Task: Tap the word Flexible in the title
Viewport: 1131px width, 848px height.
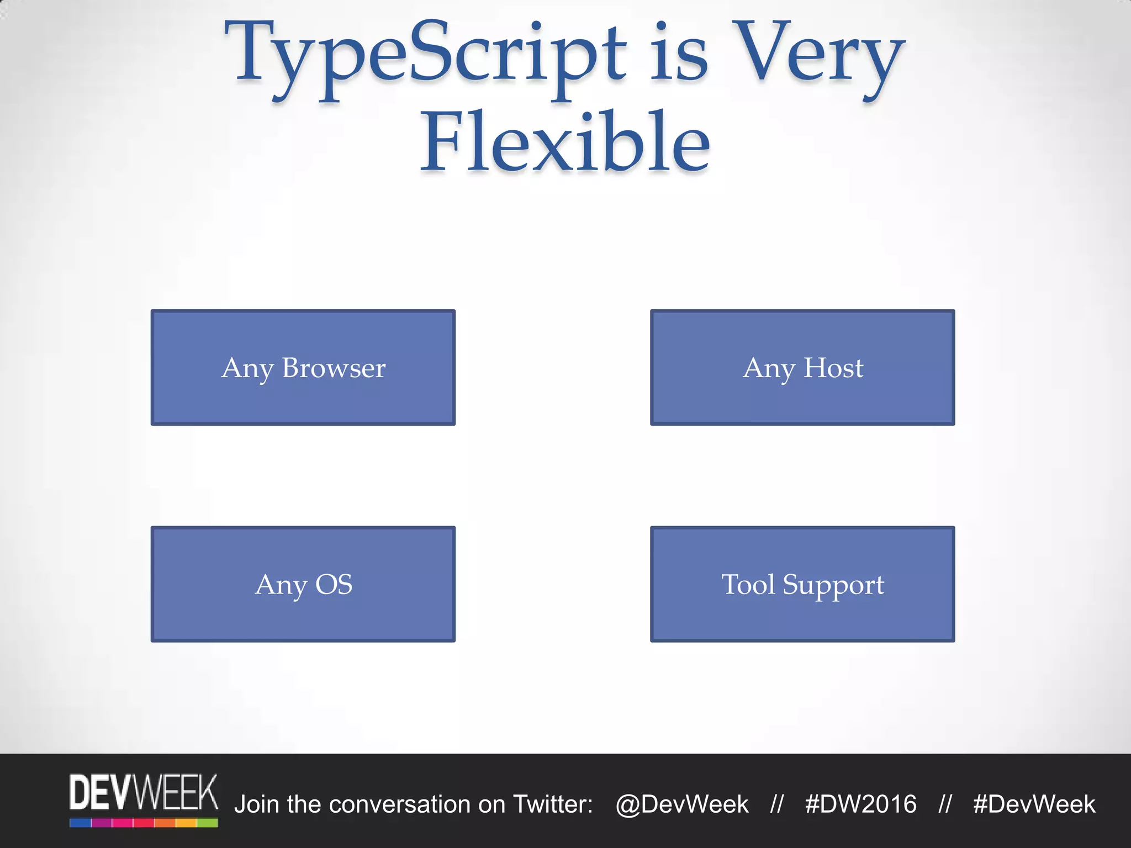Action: (565, 142)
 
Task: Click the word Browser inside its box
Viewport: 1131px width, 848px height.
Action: (334, 368)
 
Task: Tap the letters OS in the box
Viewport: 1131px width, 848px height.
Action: (334, 584)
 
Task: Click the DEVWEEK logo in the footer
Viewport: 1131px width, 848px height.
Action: (144, 799)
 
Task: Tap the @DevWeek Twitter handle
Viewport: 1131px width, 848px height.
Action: (682, 804)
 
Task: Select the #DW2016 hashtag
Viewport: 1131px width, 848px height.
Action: (860, 804)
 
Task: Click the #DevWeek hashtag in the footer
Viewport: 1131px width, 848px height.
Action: (1034, 804)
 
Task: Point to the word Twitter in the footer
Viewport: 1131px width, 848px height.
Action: (552, 804)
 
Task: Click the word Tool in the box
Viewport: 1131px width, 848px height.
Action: (748, 584)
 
